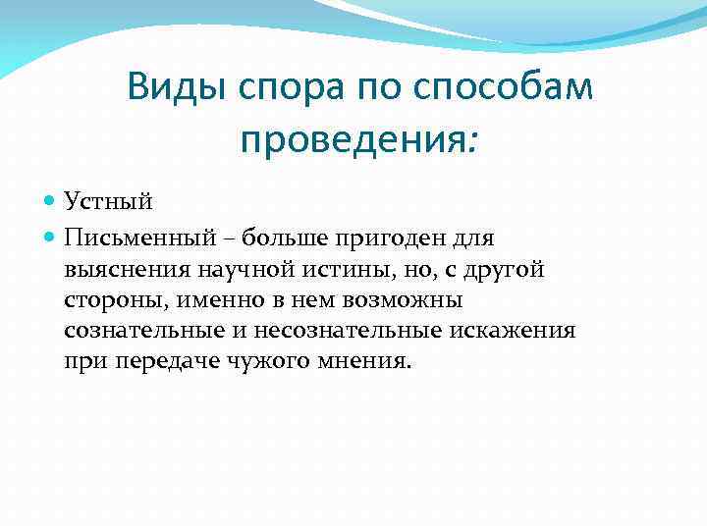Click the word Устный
coord(109,202)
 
